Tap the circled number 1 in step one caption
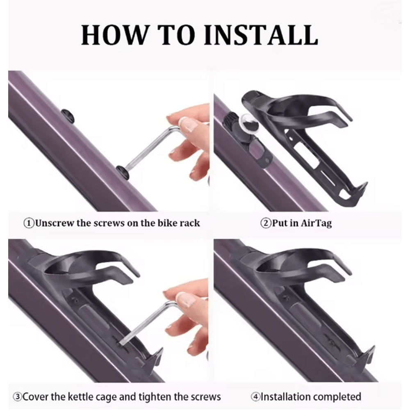point(29,223)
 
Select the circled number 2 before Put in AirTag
point(266,223)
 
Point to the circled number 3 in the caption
point(18,397)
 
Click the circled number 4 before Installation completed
point(255,397)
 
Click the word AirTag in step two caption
point(316,223)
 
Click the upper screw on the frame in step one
point(68,116)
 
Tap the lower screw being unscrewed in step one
point(122,173)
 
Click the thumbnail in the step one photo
point(190,125)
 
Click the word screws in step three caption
point(206,397)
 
